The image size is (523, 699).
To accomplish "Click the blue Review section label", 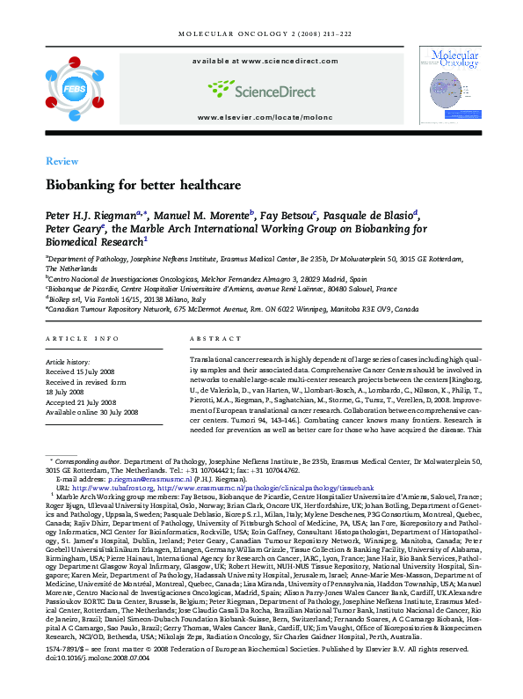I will (x=62, y=162).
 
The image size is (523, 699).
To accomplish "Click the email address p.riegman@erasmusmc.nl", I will (x=129, y=478).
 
